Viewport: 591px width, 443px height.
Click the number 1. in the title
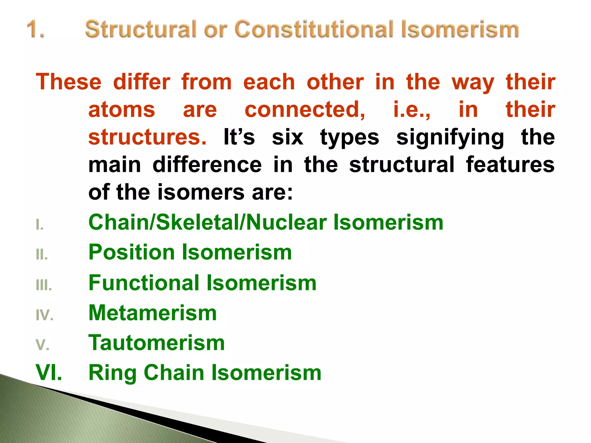click(x=36, y=29)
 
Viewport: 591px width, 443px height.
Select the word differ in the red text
click(x=142, y=82)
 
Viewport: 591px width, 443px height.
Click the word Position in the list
click(x=132, y=252)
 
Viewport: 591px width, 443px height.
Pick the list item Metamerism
click(x=152, y=313)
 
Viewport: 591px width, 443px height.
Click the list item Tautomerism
click(x=156, y=343)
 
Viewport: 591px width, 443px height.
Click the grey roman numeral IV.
click(x=44, y=315)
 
